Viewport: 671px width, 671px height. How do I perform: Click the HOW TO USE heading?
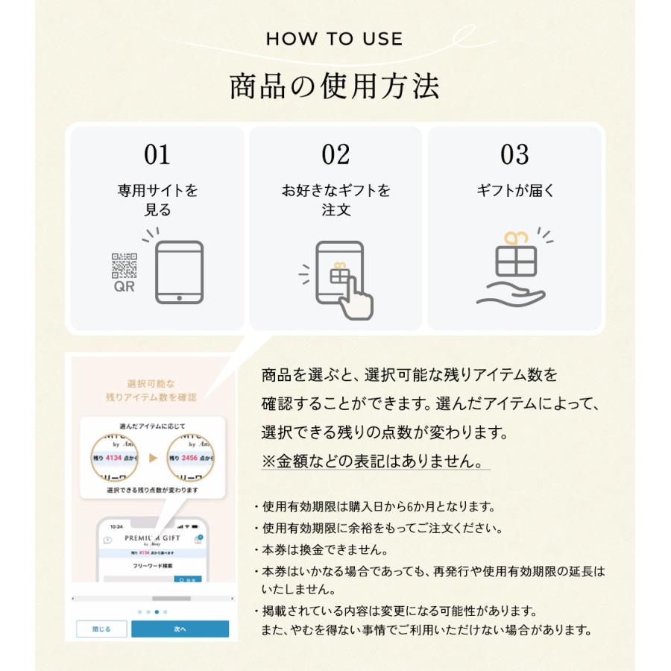pyautogui.click(x=334, y=39)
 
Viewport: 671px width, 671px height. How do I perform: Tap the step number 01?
pyautogui.click(x=157, y=154)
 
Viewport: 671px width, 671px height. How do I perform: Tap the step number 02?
pyautogui.click(x=335, y=154)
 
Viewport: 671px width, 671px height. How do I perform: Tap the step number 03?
pyautogui.click(x=514, y=154)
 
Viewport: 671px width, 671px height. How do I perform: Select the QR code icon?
pyautogui.click(x=125, y=266)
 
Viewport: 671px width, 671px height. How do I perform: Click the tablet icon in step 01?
pyautogui.click(x=179, y=272)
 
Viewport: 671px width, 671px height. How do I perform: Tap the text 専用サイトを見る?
pyautogui.click(x=157, y=201)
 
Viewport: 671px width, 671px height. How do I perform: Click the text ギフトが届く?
pyautogui.click(x=515, y=191)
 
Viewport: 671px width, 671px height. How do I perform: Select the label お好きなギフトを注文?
pyautogui.click(x=335, y=201)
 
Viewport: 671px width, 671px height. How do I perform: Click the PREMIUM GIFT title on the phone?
pyautogui.click(x=153, y=538)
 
